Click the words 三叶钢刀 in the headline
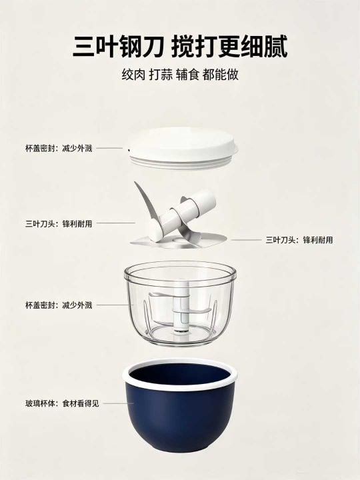(x=118, y=47)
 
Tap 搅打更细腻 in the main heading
(x=229, y=47)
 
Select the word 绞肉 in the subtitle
(x=133, y=75)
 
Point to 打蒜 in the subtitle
(x=161, y=75)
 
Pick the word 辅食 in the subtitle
(x=187, y=75)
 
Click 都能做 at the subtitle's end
(x=221, y=75)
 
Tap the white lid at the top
(x=183, y=147)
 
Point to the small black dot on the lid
(x=129, y=150)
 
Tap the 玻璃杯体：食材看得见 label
(x=62, y=403)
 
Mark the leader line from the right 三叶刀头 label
(x=247, y=240)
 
